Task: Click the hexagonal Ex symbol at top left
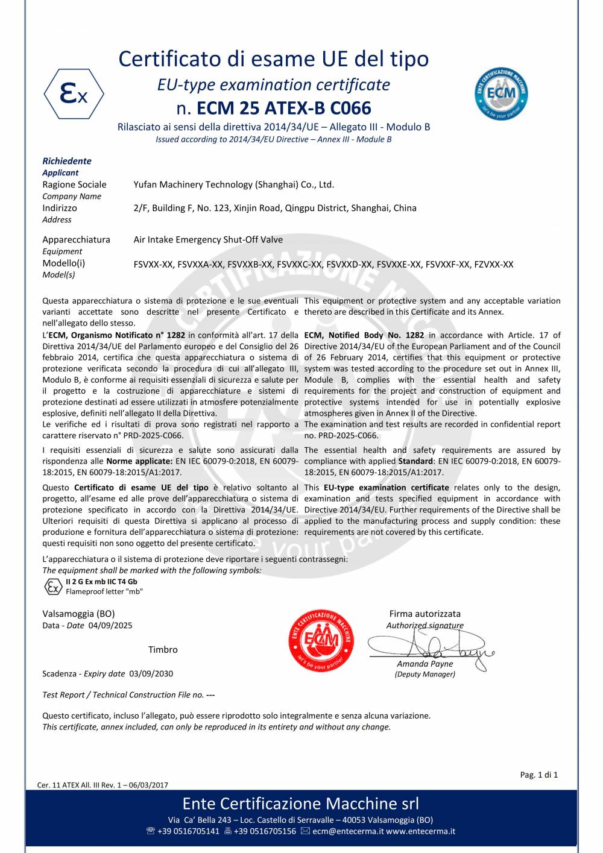pos(74,94)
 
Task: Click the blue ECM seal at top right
pos(500,93)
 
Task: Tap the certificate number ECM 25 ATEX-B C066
pos(284,109)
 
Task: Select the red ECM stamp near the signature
pos(321,640)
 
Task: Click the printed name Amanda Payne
pos(425,664)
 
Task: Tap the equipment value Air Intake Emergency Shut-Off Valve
pos(208,240)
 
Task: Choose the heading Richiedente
pos(67,161)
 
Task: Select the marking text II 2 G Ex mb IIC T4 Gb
pos(101,582)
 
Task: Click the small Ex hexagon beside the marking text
pos(53,587)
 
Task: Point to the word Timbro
pos(163,650)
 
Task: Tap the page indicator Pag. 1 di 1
pos(538,775)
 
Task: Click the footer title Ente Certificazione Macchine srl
pos(300,804)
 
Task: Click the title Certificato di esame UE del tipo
pos(273,59)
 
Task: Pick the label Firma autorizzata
pos(425,614)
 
